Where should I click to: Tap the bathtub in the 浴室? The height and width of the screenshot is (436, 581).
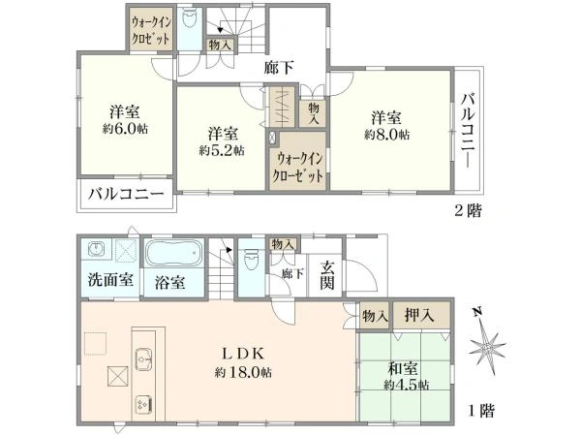174,253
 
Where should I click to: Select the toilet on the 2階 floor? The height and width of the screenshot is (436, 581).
190,18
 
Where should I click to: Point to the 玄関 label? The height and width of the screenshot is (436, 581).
327,275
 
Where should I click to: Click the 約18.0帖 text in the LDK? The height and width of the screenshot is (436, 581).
243,372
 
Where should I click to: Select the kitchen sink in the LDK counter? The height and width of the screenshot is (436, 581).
143,358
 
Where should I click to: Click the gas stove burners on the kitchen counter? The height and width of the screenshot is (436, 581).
143,404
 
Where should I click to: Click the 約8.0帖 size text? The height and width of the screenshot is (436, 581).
386,135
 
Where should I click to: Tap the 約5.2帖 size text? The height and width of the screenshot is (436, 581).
221,150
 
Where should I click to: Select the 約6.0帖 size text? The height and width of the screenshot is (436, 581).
125,129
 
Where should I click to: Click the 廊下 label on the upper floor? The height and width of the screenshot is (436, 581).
279,68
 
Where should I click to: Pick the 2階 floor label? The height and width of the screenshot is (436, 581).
469,211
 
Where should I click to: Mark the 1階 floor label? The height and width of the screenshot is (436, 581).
481,411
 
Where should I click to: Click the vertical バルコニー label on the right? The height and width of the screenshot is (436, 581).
468,131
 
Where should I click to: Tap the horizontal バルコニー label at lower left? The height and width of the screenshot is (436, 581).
126,194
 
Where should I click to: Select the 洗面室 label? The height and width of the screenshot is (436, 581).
110,280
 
